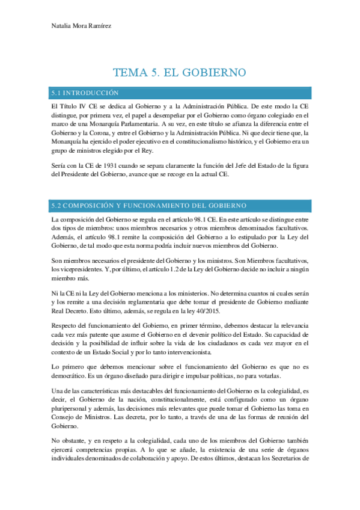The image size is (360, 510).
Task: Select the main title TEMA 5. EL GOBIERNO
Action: coord(180,73)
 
